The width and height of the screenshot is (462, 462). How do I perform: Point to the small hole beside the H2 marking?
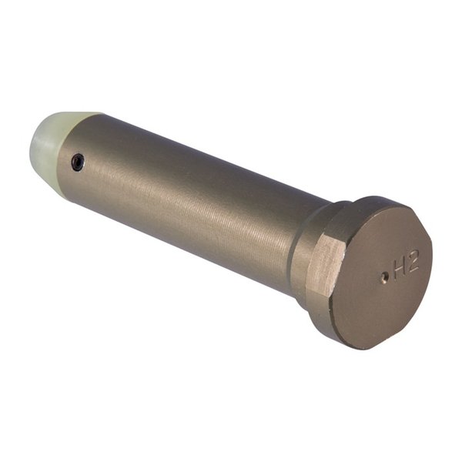point(384,278)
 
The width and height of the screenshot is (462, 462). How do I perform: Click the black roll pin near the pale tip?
point(77,161)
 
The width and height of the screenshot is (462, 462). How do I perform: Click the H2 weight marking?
point(406,267)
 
